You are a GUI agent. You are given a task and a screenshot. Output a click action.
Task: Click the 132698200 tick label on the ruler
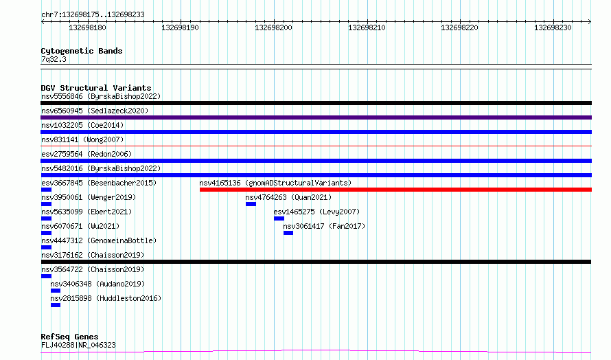(273, 27)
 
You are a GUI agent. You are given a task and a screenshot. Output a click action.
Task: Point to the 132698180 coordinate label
(87, 27)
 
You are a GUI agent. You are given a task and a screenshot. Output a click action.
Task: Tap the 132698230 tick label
(553, 27)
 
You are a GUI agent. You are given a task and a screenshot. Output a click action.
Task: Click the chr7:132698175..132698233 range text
(93, 15)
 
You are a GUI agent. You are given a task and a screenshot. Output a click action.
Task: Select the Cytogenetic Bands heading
(82, 51)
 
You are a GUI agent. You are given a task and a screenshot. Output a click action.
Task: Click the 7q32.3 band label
(54, 59)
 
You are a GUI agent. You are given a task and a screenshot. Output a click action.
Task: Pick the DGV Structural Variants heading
(96, 88)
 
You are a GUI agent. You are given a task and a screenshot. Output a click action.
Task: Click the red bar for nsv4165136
(395, 190)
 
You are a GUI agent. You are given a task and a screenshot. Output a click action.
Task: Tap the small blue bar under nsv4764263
(251, 204)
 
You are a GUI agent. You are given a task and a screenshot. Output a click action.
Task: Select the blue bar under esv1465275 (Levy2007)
(279, 218)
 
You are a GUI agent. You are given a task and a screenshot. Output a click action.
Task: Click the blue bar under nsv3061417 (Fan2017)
(288, 233)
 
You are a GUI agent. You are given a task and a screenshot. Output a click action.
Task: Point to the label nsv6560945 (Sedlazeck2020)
(95, 111)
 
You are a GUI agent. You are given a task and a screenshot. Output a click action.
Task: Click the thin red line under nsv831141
(316, 146)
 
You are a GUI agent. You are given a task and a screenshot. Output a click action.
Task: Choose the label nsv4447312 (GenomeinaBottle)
(99, 240)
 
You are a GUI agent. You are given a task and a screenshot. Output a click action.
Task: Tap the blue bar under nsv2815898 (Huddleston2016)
(56, 305)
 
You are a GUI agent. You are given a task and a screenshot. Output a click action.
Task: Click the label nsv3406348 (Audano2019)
(97, 284)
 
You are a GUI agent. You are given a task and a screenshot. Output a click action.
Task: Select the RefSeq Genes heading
(69, 337)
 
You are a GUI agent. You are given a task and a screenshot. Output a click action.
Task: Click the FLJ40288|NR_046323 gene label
(78, 345)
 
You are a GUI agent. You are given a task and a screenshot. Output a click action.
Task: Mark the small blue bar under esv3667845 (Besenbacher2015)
(46, 190)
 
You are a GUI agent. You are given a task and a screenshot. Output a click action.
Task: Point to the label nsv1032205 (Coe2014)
(82, 125)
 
